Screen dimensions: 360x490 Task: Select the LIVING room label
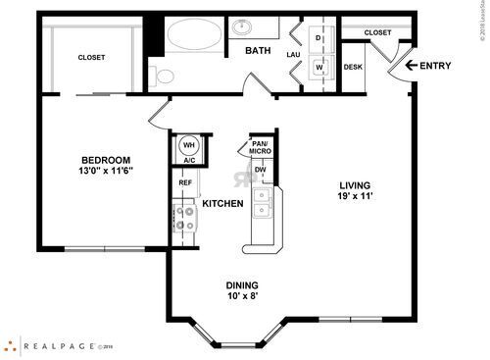pyautogui.click(x=356, y=185)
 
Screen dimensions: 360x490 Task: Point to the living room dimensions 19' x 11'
pyautogui.click(x=356, y=197)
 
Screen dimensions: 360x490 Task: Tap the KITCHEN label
pyautogui.click(x=222, y=204)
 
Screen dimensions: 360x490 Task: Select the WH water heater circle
pyautogui.click(x=188, y=146)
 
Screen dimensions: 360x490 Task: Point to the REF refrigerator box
pyautogui.click(x=184, y=182)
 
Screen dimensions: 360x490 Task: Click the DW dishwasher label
pyautogui.click(x=260, y=170)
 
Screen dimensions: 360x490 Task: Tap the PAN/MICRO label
pyautogui.click(x=261, y=148)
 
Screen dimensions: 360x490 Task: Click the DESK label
pyautogui.click(x=354, y=68)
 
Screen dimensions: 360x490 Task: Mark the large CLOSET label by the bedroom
pyautogui.click(x=92, y=58)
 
